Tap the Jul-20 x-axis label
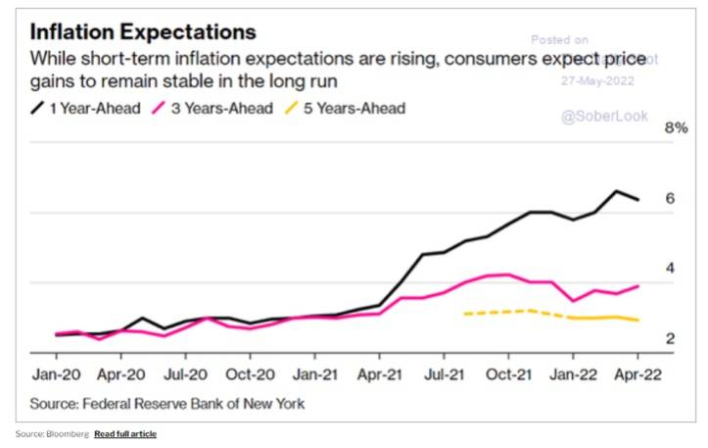(183, 375)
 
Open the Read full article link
(124, 433)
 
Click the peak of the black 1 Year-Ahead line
(617, 191)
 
